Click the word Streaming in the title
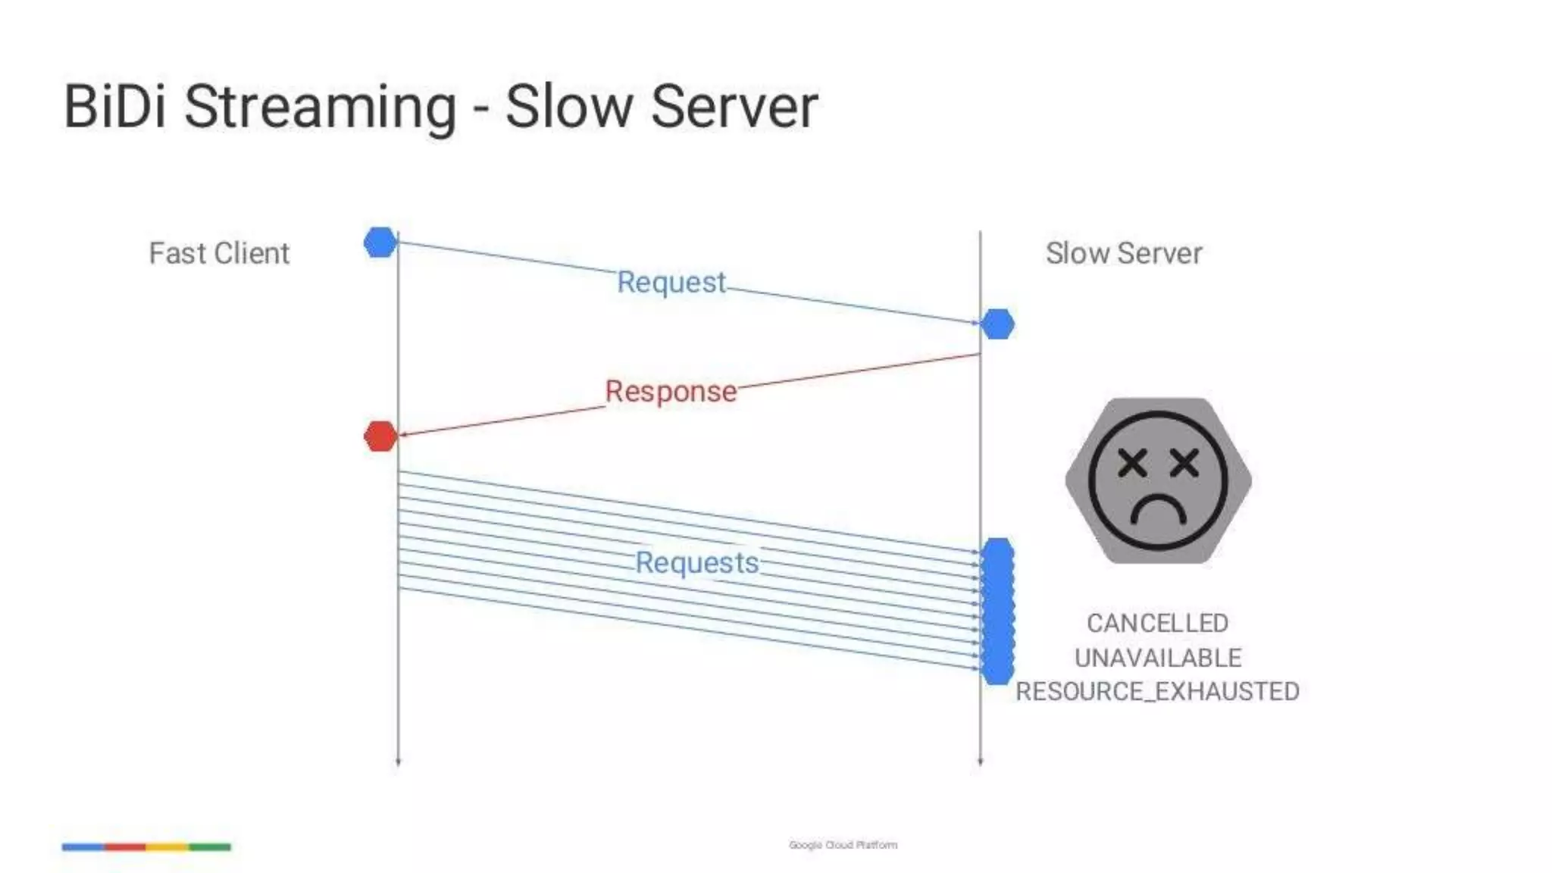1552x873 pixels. click(320, 108)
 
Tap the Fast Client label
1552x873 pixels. click(219, 253)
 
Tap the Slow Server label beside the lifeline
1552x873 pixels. click(1124, 253)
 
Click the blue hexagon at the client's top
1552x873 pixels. click(380, 242)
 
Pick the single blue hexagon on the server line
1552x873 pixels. click(997, 324)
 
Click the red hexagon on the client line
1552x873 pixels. click(380, 436)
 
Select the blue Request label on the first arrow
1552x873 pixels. click(671, 282)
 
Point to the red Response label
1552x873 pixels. click(671, 391)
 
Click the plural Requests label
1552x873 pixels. click(696, 562)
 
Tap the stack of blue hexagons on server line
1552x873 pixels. click(997, 611)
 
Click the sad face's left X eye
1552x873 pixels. click(1132, 462)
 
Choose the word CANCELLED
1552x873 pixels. click(1157, 623)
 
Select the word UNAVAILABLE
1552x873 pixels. click(1158, 658)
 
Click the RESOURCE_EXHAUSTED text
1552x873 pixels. click(1157, 691)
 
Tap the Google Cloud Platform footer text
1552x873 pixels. click(843, 845)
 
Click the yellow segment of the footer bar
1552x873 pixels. click(167, 846)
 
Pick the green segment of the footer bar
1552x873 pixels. click(210, 846)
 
